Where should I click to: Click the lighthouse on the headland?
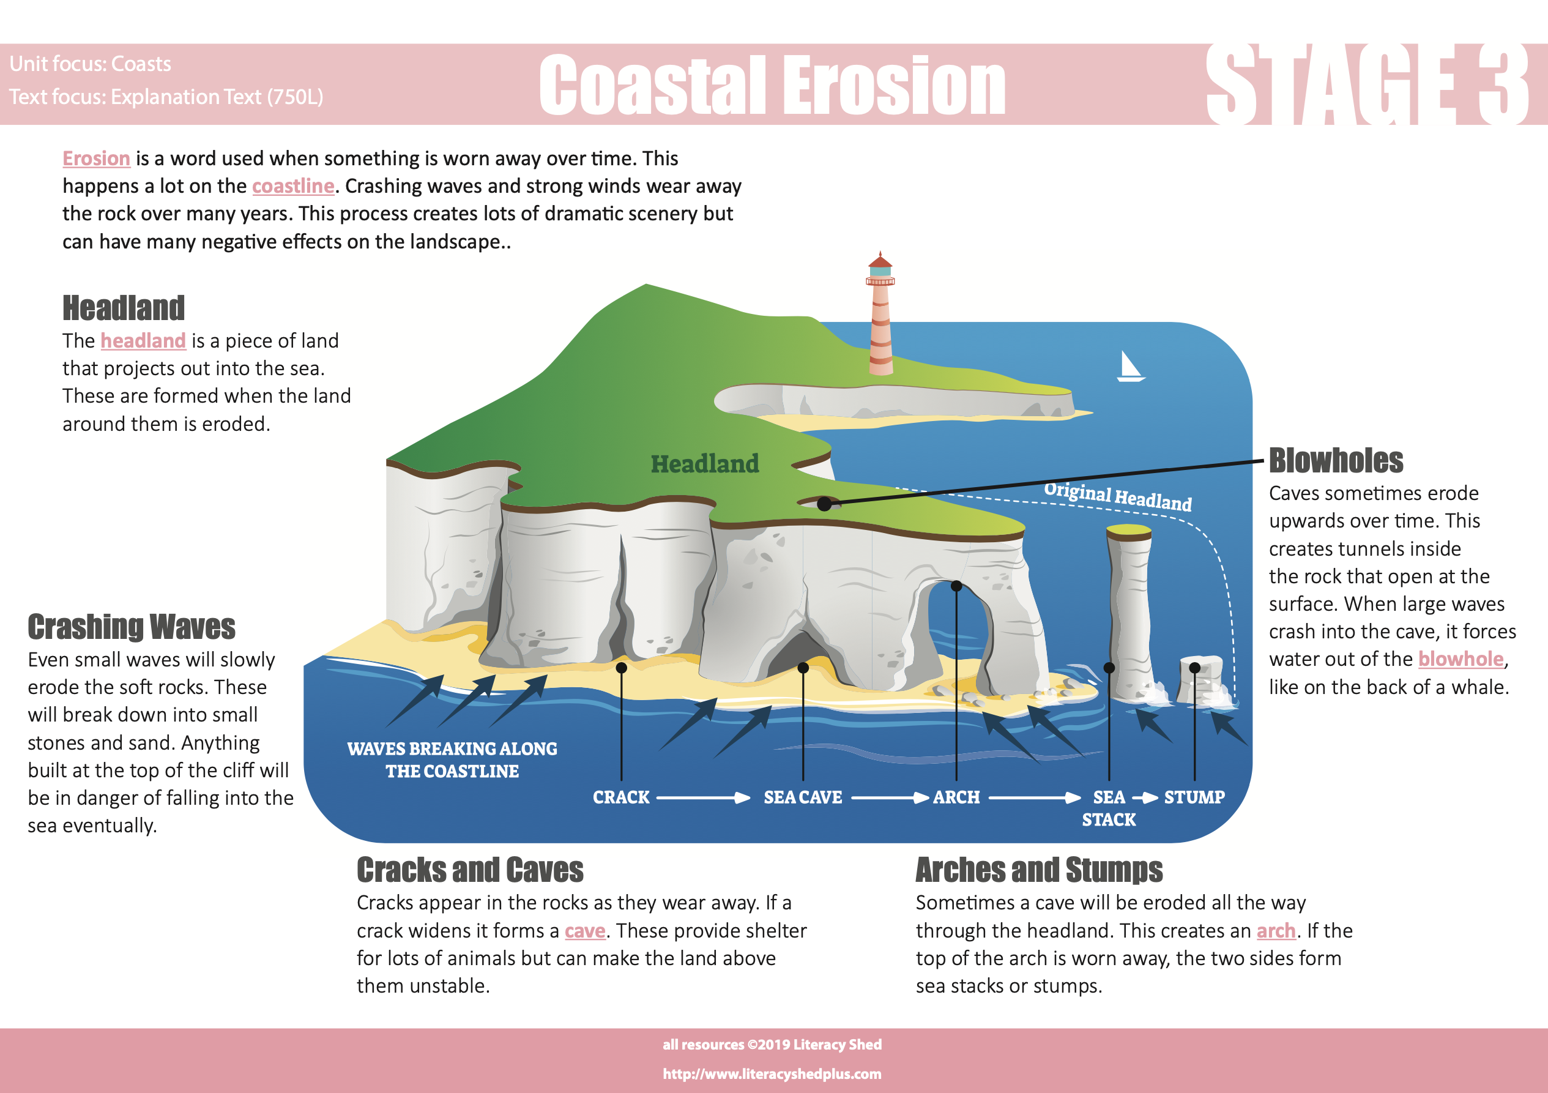tap(880, 313)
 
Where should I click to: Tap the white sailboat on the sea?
tap(1131, 367)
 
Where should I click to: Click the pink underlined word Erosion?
tap(97, 159)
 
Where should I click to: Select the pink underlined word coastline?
tap(293, 186)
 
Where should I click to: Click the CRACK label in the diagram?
tap(621, 797)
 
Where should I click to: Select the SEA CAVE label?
tap(803, 797)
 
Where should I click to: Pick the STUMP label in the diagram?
tap(1194, 797)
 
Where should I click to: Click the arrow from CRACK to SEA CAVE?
tap(703, 797)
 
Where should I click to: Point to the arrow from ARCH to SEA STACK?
tap(1035, 797)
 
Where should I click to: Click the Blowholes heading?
tap(1336, 461)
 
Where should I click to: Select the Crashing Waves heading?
tap(132, 627)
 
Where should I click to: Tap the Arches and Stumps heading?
tap(1039, 870)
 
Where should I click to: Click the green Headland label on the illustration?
tap(705, 464)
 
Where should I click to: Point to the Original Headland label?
tap(1118, 496)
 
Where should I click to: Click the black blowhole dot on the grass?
tap(824, 504)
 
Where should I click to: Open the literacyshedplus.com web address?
tap(772, 1073)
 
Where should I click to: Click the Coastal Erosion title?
tap(773, 85)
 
